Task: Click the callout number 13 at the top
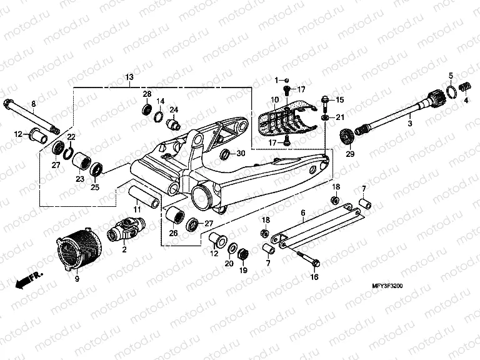(129, 77)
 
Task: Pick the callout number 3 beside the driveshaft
(409, 125)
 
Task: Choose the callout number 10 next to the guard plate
(274, 100)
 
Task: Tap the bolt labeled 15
(326, 100)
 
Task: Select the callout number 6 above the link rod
(303, 212)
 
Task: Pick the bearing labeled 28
(147, 110)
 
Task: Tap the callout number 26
(173, 234)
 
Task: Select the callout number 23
(79, 179)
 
